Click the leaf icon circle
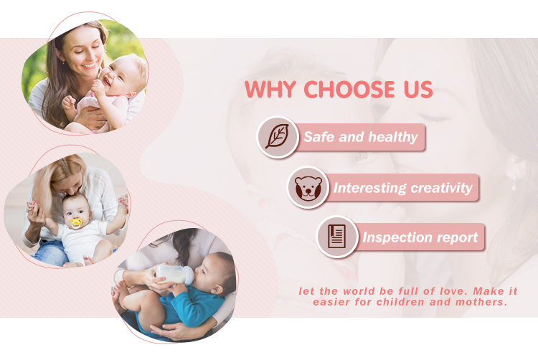click(278, 136)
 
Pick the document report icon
click(337, 237)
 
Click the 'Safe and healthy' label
click(360, 137)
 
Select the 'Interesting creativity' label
click(402, 189)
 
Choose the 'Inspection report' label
click(420, 237)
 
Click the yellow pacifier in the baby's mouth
click(75, 223)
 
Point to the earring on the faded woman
click(514, 186)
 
